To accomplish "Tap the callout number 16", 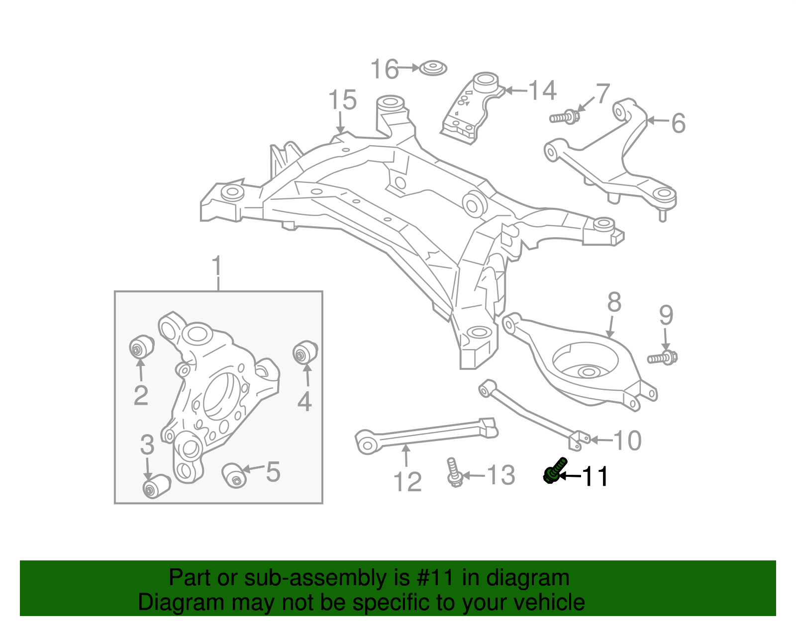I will [x=385, y=69].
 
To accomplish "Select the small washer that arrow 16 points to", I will [x=432, y=68].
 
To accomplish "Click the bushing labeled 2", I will [x=141, y=347].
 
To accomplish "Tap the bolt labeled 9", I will [x=662, y=357].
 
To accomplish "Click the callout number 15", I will [x=342, y=100].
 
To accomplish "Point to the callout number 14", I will [x=542, y=90].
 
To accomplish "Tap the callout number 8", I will [x=614, y=302].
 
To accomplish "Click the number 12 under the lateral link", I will [x=407, y=481].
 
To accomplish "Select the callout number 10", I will [x=627, y=441].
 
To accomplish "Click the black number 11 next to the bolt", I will [x=595, y=476].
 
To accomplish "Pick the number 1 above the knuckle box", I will [x=217, y=267].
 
